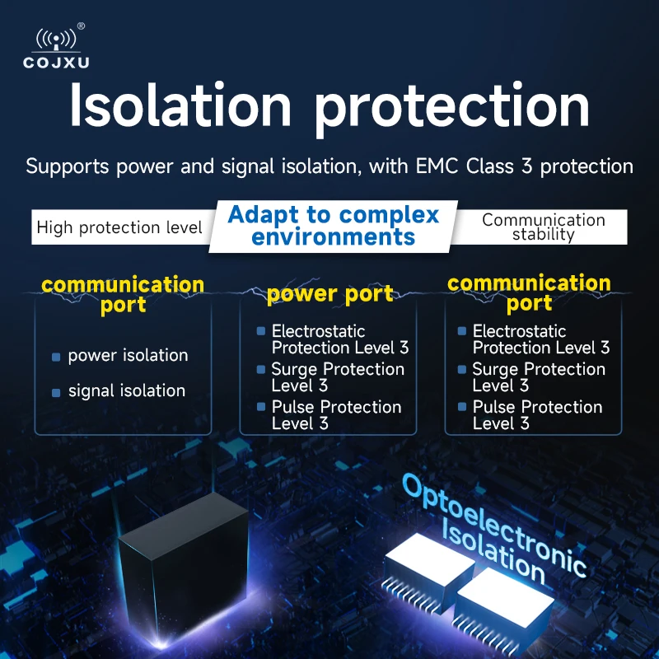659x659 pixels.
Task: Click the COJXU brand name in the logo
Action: (57, 63)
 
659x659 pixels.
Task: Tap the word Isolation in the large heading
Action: (180, 105)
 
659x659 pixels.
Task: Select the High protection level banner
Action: (119, 227)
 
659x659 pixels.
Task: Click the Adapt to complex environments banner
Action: (333, 226)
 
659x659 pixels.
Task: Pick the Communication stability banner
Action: (543, 227)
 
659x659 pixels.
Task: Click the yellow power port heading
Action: (329, 294)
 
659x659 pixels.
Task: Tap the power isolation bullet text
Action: (128, 356)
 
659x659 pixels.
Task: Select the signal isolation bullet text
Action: (126, 391)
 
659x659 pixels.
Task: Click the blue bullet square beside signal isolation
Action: (56, 393)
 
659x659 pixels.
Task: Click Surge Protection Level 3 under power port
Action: (337, 377)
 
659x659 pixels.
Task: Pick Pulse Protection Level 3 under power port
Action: (336, 415)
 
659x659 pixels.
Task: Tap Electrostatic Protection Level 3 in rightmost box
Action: (540, 339)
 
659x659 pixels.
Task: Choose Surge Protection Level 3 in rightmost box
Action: (538, 377)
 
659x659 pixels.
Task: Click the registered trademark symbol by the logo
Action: (81, 26)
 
